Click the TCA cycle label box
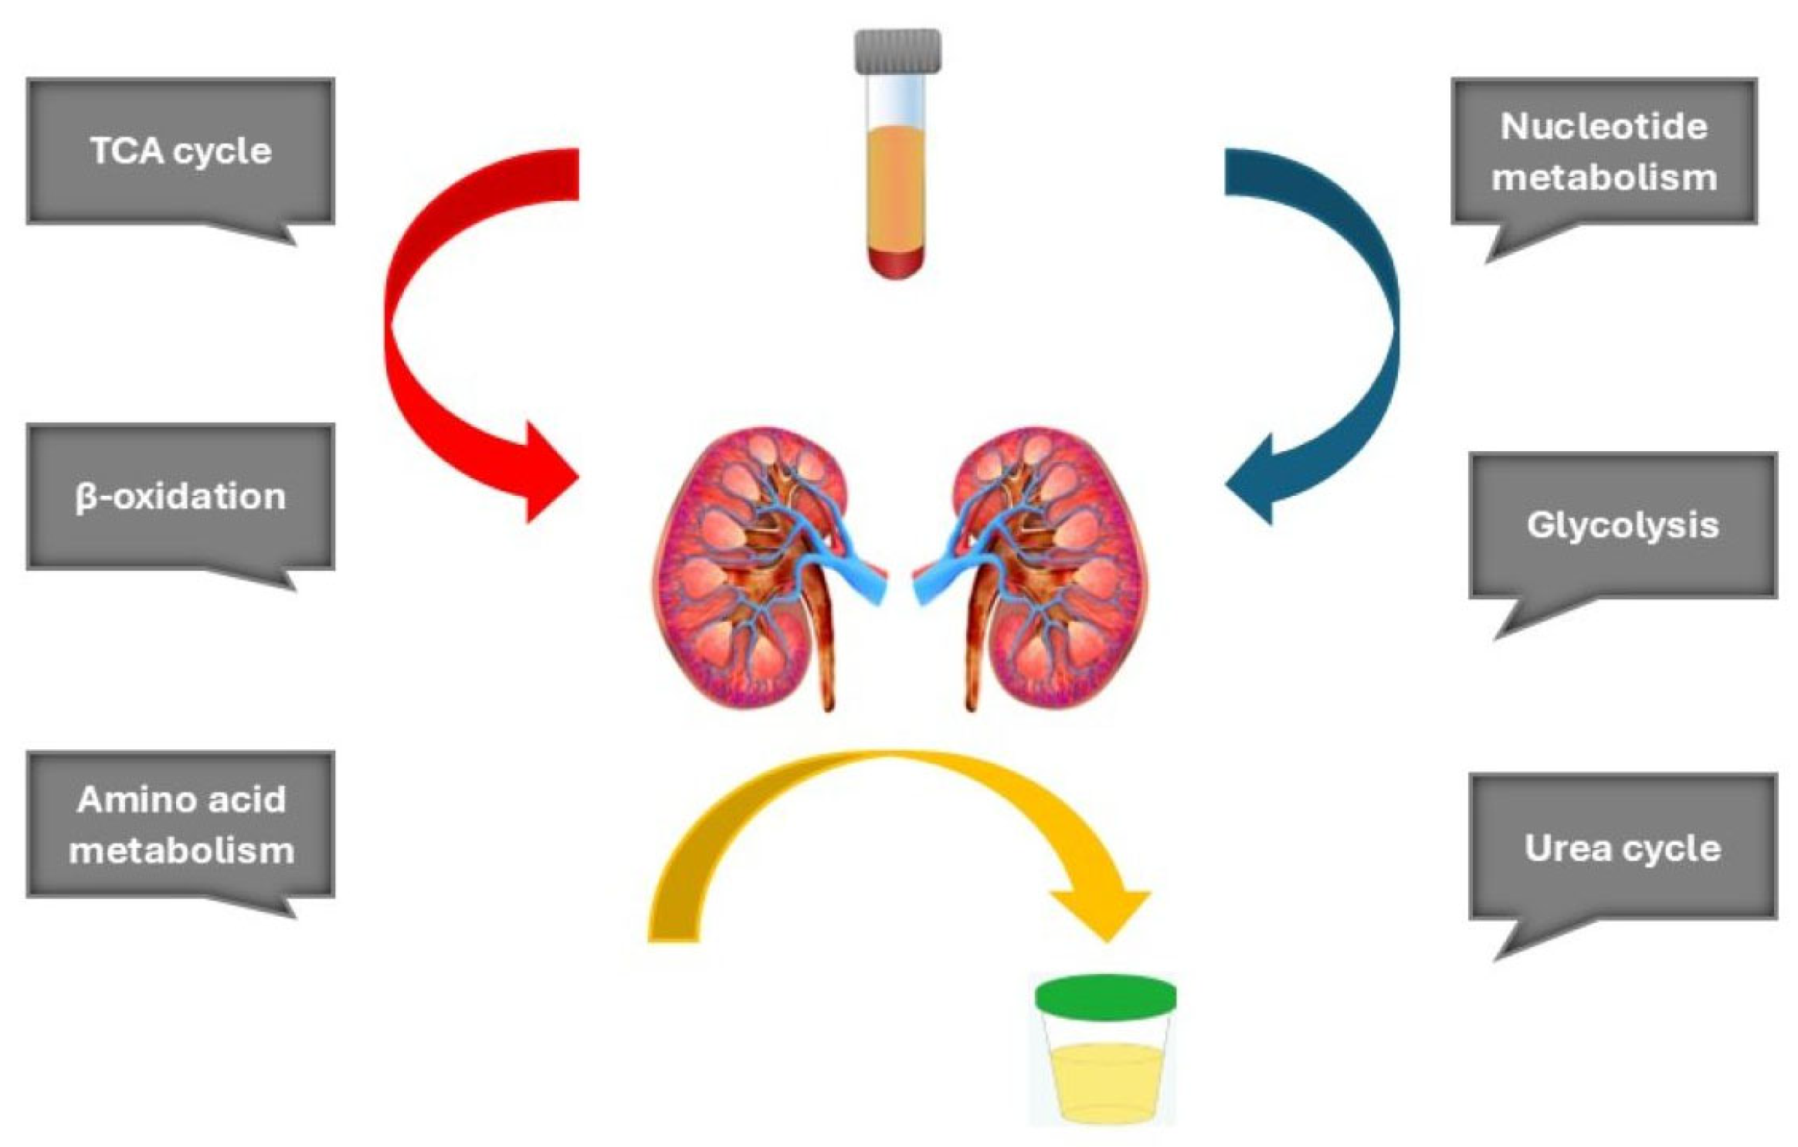pyautogui.click(x=180, y=151)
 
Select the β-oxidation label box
pyautogui.click(x=180, y=496)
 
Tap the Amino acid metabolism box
pyautogui.click(x=180, y=824)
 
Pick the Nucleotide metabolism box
pyautogui.click(x=1603, y=151)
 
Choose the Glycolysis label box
pyautogui.click(x=1622, y=525)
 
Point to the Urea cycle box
pyautogui.click(x=1622, y=847)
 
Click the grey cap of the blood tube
pyautogui.click(x=897, y=51)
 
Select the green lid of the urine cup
pyautogui.click(x=1105, y=996)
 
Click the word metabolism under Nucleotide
pyautogui.click(x=1603, y=177)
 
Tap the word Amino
pyautogui.click(x=127, y=799)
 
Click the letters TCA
pyautogui.click(x=127, y=151)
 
